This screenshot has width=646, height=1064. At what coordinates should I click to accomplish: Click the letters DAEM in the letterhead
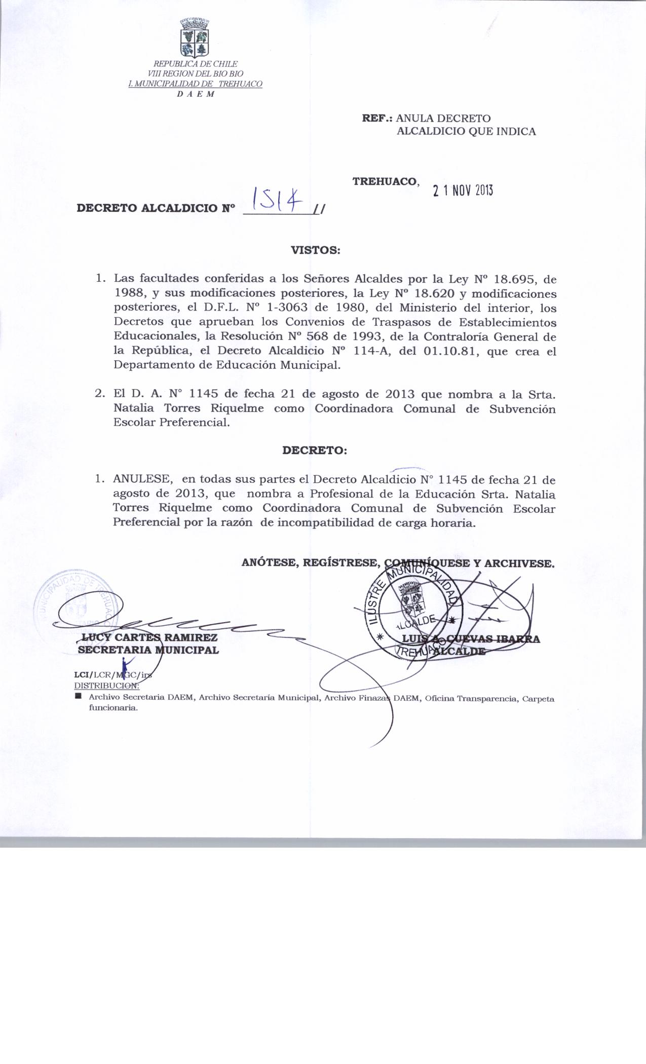click(196, 94)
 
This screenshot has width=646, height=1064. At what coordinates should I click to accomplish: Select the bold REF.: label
click(377, 119)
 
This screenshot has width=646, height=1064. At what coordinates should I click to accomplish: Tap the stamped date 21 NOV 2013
click(462, 190)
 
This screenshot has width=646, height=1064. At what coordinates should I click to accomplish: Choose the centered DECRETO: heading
click(314, 450)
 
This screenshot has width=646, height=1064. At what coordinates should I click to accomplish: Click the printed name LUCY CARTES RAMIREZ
click(150, 637)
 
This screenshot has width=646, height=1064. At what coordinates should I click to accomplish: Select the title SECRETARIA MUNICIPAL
click(148, 650)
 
